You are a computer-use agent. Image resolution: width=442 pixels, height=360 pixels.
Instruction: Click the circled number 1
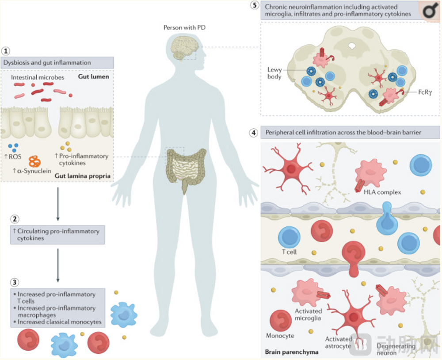pyautogui.click(x=6, y=51)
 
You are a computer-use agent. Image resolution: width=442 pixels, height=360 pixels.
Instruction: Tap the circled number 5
pyautogui.click(x=255, y=5)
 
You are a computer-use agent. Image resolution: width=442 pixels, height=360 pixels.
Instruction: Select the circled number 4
pyautogui.click(x=254, y=132)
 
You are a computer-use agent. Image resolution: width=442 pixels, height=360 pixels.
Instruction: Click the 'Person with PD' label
pyautogui.click(x=184, y=27)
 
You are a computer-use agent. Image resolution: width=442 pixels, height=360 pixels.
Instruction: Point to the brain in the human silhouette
pyautogui.click(x=184, y=49)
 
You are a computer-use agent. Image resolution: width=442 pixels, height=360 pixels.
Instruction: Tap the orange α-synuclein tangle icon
pyautogui.click(x=34, y=161)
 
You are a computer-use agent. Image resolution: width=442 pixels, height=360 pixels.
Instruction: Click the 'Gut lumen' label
pyautogui.click(x=94, y=77)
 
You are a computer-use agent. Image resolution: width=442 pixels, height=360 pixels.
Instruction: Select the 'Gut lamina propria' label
pyautogui.click(x=83, y=176)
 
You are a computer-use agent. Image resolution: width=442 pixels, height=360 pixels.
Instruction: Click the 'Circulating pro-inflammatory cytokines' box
pyautogui.click(x=57, y=234)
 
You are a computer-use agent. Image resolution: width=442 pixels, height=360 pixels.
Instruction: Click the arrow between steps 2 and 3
pyautogui.click(x=58, y=265)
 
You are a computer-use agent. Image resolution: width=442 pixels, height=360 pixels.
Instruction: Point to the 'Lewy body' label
pyautogui.click(x=274, y=73)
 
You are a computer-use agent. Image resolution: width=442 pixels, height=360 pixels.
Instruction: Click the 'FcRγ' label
pyautogui.click(x=425, y=92)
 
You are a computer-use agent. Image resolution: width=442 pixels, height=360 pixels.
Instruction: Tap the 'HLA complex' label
pyautogui.click(x=382, y=192)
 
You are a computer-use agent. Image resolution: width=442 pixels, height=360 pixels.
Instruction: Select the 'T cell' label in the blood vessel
pyautogui.click(x=289, y=252)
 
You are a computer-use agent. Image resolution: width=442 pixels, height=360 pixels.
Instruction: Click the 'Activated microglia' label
pyautogui.click(x=308, y=314)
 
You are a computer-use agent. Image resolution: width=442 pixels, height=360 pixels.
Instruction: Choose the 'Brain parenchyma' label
pyautogui.click(x=291, y=352)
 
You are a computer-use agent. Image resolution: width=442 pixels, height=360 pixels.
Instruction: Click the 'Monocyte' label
pyautogui.click(x=280, y=335)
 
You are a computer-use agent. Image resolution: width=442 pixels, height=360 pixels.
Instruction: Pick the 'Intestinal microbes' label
pyautogui.click(x=38, y=77)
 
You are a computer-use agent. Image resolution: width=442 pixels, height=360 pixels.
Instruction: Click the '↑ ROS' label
pyautogui.click(x=13, y=157)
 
